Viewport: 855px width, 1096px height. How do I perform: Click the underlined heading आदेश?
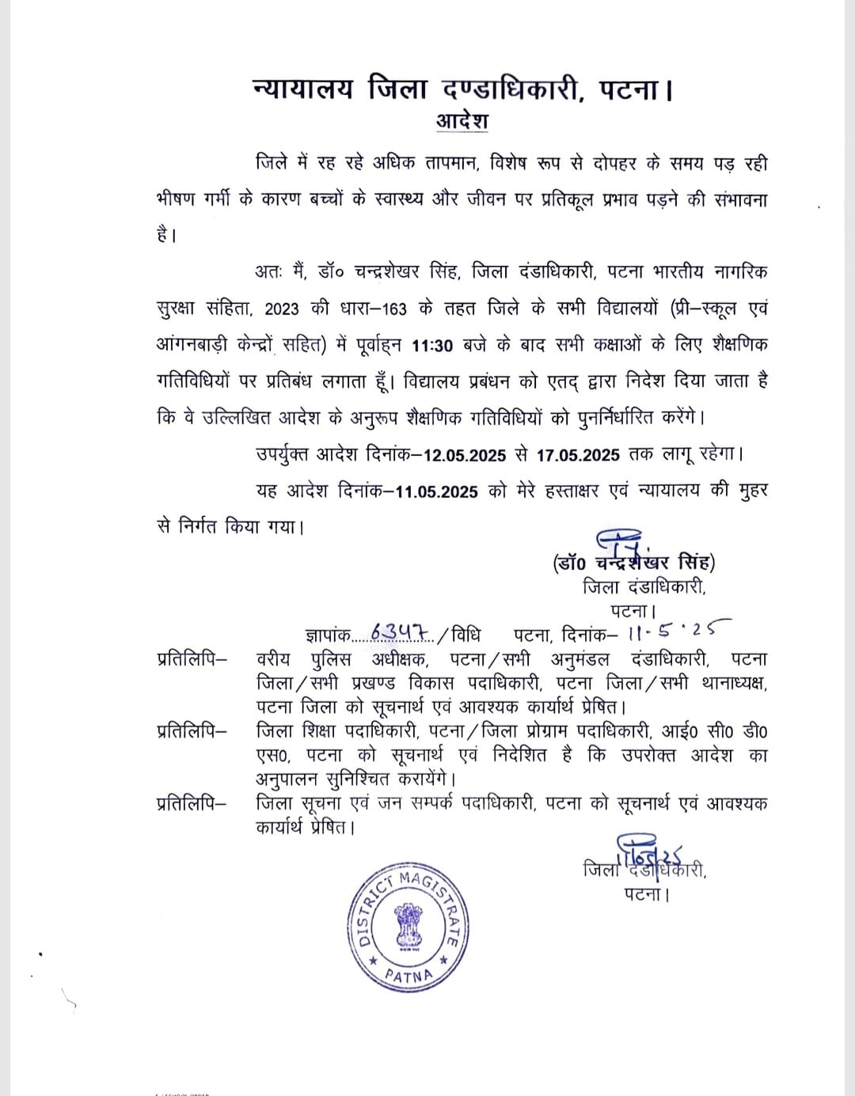(462, 121)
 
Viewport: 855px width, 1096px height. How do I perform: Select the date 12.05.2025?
(465, 455)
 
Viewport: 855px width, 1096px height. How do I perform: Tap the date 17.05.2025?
(578, 455)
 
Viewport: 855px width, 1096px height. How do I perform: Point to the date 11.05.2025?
(437, 491)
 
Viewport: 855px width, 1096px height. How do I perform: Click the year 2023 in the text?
(282, 309)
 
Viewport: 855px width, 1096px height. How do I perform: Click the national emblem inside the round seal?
(408, 925)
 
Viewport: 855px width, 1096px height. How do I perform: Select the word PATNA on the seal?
(409, 974)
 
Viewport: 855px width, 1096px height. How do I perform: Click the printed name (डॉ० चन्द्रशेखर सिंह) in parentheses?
(633, 563)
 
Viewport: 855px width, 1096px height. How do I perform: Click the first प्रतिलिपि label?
(191, 658)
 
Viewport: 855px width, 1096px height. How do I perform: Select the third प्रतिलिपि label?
(191, 803)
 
